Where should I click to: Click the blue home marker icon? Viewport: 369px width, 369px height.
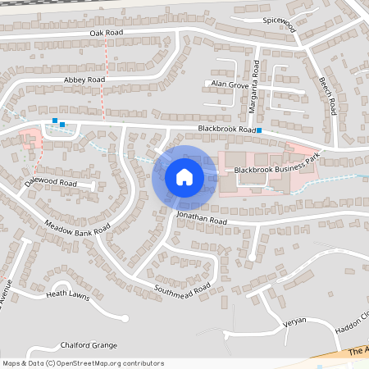click(184, 176)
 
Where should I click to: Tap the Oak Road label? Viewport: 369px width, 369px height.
click(106, 33)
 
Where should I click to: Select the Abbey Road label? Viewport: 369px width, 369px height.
click(84, 80)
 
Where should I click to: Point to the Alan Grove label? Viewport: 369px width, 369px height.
click(229, 84)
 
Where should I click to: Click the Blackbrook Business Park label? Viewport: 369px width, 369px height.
click(275, 169)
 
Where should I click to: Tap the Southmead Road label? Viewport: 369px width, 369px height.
click(182, 289)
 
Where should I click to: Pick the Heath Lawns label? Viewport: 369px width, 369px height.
click(66, 293)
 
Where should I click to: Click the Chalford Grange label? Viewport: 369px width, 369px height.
click(89, 345)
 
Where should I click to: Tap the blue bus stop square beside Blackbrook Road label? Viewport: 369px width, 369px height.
click(259, 130)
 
